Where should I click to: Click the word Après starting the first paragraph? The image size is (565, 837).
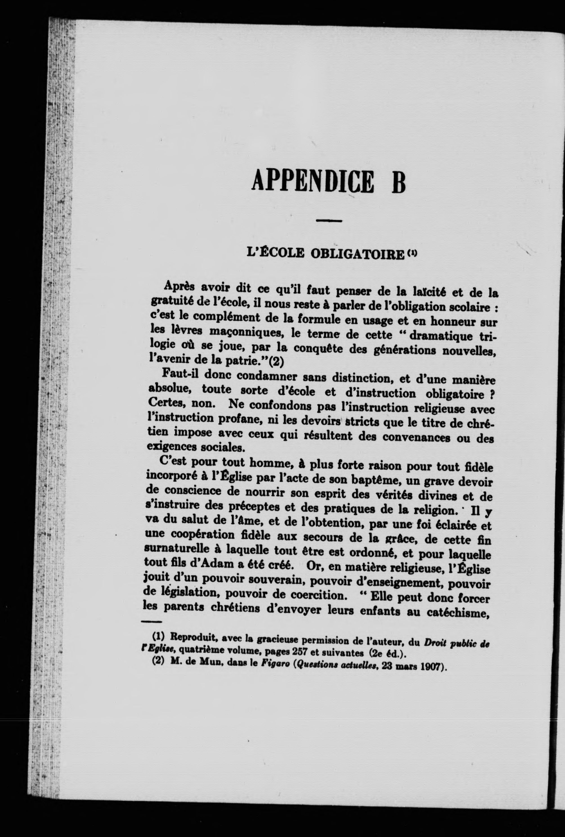pyautogui.click(x=179, y=285)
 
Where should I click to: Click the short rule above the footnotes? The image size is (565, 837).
pyautogui.click(x=151, y=622)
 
